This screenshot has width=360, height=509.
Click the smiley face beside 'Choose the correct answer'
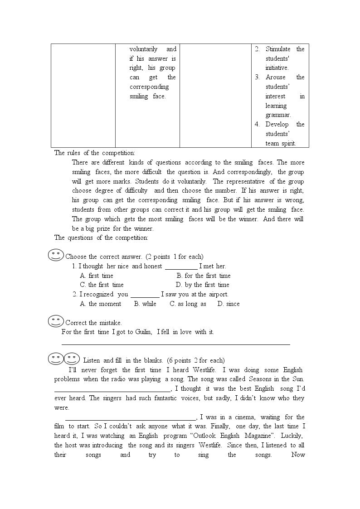[x=56, y=255]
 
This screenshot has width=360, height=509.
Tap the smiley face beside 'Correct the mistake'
[x=56, y=321]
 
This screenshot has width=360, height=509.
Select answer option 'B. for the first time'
[x=204, y=276]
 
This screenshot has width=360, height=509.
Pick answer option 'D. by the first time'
[x=203, y=285]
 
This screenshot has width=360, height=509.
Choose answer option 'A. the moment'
[x=101, y=304]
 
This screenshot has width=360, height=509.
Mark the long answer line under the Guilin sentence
[x=175, y=344]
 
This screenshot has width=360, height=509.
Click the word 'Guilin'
[x=144, y=332]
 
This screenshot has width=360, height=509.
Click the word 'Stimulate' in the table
[x=278, y=49]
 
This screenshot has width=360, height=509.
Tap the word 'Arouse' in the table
[x=276, y=77]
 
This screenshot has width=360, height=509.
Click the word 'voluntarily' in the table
[x=143, y=49]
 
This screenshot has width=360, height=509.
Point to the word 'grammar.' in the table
[x=278, y=115]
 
